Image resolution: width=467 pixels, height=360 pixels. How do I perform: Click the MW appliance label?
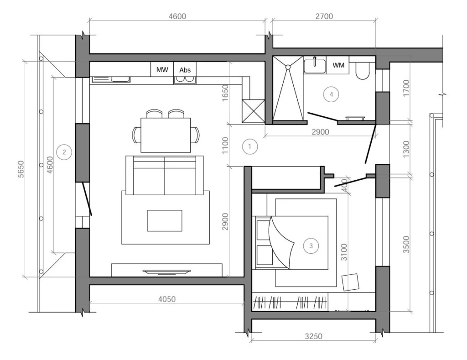point(162,70)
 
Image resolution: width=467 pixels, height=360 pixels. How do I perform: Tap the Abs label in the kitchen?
point(185,70)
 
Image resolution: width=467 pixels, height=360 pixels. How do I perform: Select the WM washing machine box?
point(338,65)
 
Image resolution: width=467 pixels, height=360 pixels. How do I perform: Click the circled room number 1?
point(249,146)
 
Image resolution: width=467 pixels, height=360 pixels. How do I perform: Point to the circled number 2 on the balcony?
point(64,152)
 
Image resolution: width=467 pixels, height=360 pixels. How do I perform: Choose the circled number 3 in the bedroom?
point(311,246)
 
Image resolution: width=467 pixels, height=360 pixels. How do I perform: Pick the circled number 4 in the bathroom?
point(331,94)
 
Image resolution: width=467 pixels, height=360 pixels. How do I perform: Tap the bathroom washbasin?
point(315,66)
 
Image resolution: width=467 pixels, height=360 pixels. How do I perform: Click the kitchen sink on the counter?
point(111,79)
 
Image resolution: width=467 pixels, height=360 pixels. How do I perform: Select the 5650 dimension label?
point(21,169)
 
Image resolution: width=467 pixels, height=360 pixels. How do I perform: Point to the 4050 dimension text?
point(167,299)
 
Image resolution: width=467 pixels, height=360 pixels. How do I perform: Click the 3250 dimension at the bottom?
point(313,336)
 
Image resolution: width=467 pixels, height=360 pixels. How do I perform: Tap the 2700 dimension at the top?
point(324,16)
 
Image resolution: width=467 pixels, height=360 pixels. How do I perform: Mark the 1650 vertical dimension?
point(225,93)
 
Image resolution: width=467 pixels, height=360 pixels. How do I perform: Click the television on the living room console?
point(167,271)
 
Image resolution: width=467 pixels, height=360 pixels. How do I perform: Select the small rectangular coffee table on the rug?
point(165,220)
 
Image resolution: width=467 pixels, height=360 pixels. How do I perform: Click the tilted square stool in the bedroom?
point(351,282)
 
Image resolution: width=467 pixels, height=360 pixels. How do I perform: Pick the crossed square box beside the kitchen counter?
point(253,111)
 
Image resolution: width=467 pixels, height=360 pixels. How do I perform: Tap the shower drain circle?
point(288,68)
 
